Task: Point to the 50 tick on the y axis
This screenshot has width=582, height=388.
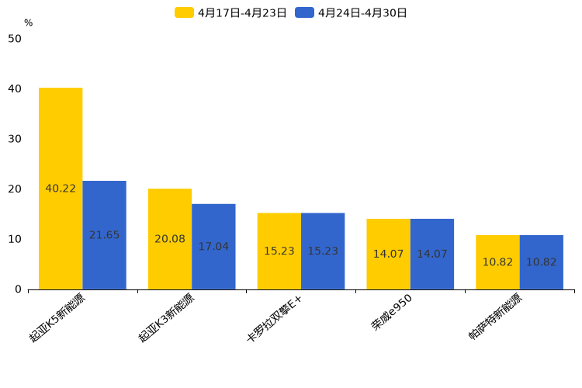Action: click(x=15, y=39)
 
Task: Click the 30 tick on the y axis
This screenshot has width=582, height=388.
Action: click(x=15, y=139)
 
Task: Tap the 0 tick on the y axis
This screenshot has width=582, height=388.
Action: click(x=18, y=289)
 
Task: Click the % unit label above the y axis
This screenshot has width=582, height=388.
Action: click(x=28, y=23)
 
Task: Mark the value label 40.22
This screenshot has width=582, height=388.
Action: click(x=61, y=189)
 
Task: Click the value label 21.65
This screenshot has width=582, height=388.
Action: click(x=104, y=235)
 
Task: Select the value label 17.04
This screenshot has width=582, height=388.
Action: click(x=213, y=247)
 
